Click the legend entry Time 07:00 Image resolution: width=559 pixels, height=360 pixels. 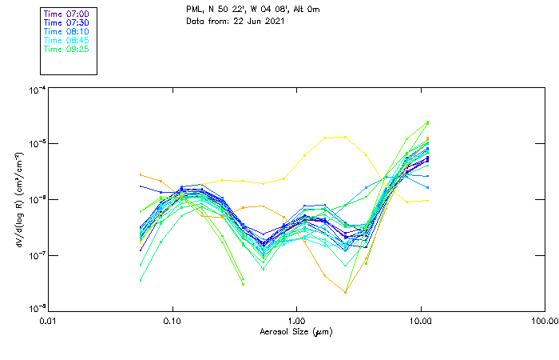[67, 14]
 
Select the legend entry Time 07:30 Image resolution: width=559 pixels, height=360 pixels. [67, 22]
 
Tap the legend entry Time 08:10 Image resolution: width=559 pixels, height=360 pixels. [67, 31]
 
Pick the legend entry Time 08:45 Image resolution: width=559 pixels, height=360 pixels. [67, 40]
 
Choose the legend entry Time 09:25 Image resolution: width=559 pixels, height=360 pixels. [67, 49]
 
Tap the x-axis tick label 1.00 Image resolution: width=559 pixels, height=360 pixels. [296, 322]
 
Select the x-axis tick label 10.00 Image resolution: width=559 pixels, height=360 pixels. [420, 322]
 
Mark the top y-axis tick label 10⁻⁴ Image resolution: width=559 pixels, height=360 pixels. [36, 90]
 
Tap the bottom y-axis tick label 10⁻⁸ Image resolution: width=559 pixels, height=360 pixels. [36, 309]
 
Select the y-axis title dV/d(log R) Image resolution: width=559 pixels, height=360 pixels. [17, 200]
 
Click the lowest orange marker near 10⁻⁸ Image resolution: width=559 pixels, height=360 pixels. [345, 292]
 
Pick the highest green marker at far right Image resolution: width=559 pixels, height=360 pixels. [428, 122]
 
